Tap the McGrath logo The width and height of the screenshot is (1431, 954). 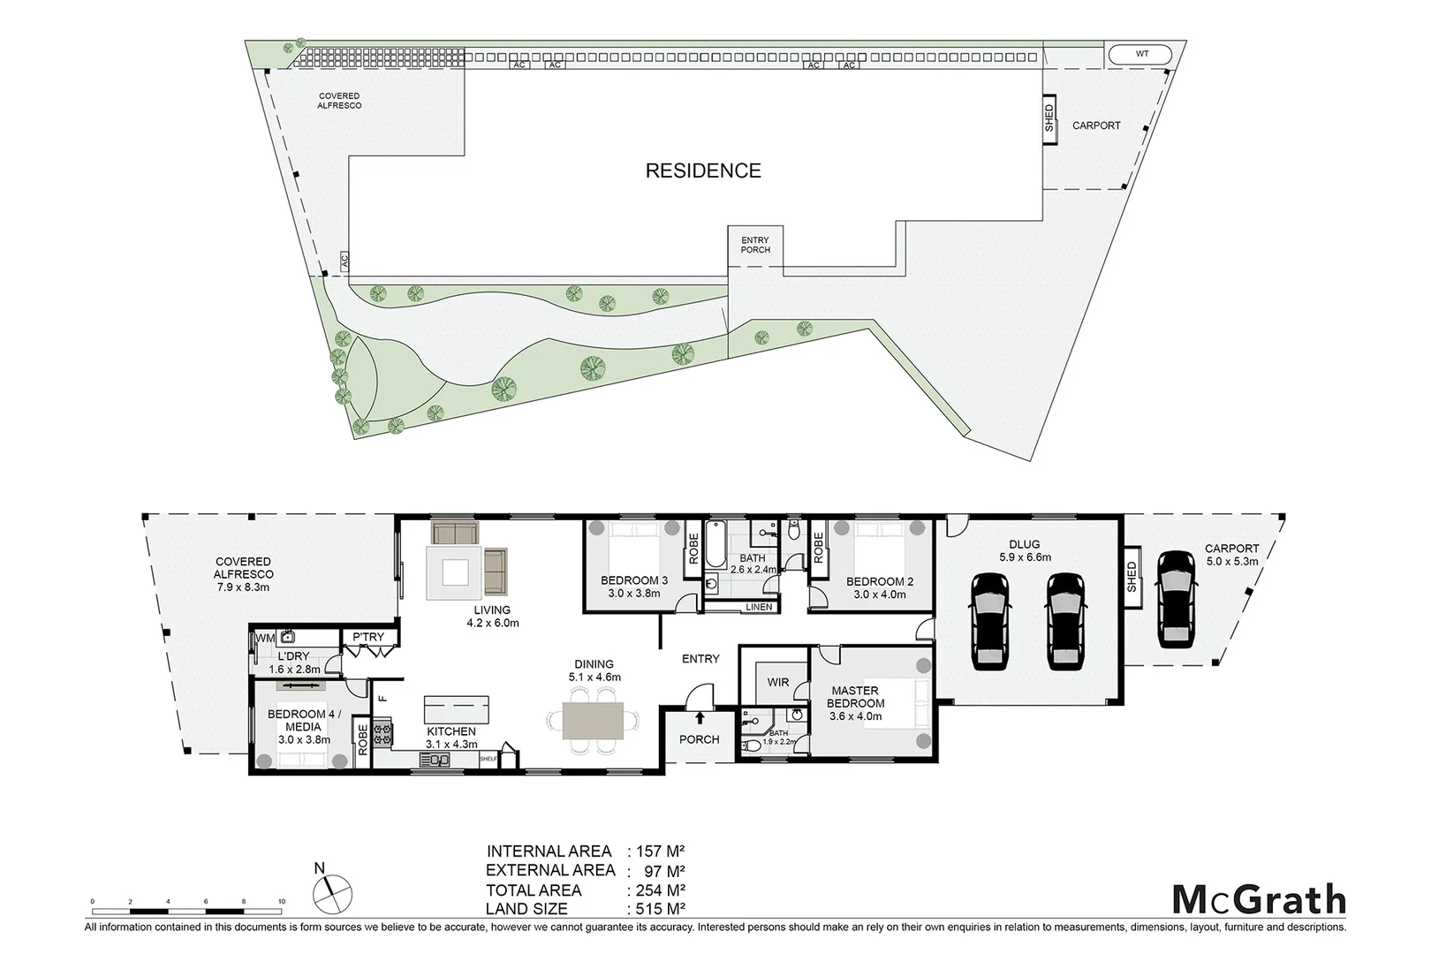(1259, 900)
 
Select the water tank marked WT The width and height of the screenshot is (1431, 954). (1141, 54)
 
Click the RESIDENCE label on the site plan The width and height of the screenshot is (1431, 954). (703, 170)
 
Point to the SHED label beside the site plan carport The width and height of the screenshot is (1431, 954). (1049, 118)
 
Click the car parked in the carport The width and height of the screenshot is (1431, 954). (1176, 598)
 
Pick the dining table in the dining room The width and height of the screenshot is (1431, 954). (593, 720)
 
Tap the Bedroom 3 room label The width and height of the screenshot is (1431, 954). (633, 587)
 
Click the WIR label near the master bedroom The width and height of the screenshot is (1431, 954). (778, 683)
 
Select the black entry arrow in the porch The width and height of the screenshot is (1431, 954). (700, 717)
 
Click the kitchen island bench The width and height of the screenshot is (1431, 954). (456, 708)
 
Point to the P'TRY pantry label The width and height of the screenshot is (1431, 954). (368, 637)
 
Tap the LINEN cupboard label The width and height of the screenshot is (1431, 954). (759, 607)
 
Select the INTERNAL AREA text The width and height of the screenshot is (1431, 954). (549, 852)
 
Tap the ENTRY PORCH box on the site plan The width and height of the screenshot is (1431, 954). (755, 246)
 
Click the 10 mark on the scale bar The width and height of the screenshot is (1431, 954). (281, 901)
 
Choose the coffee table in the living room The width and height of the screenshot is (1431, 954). (455, 572)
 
